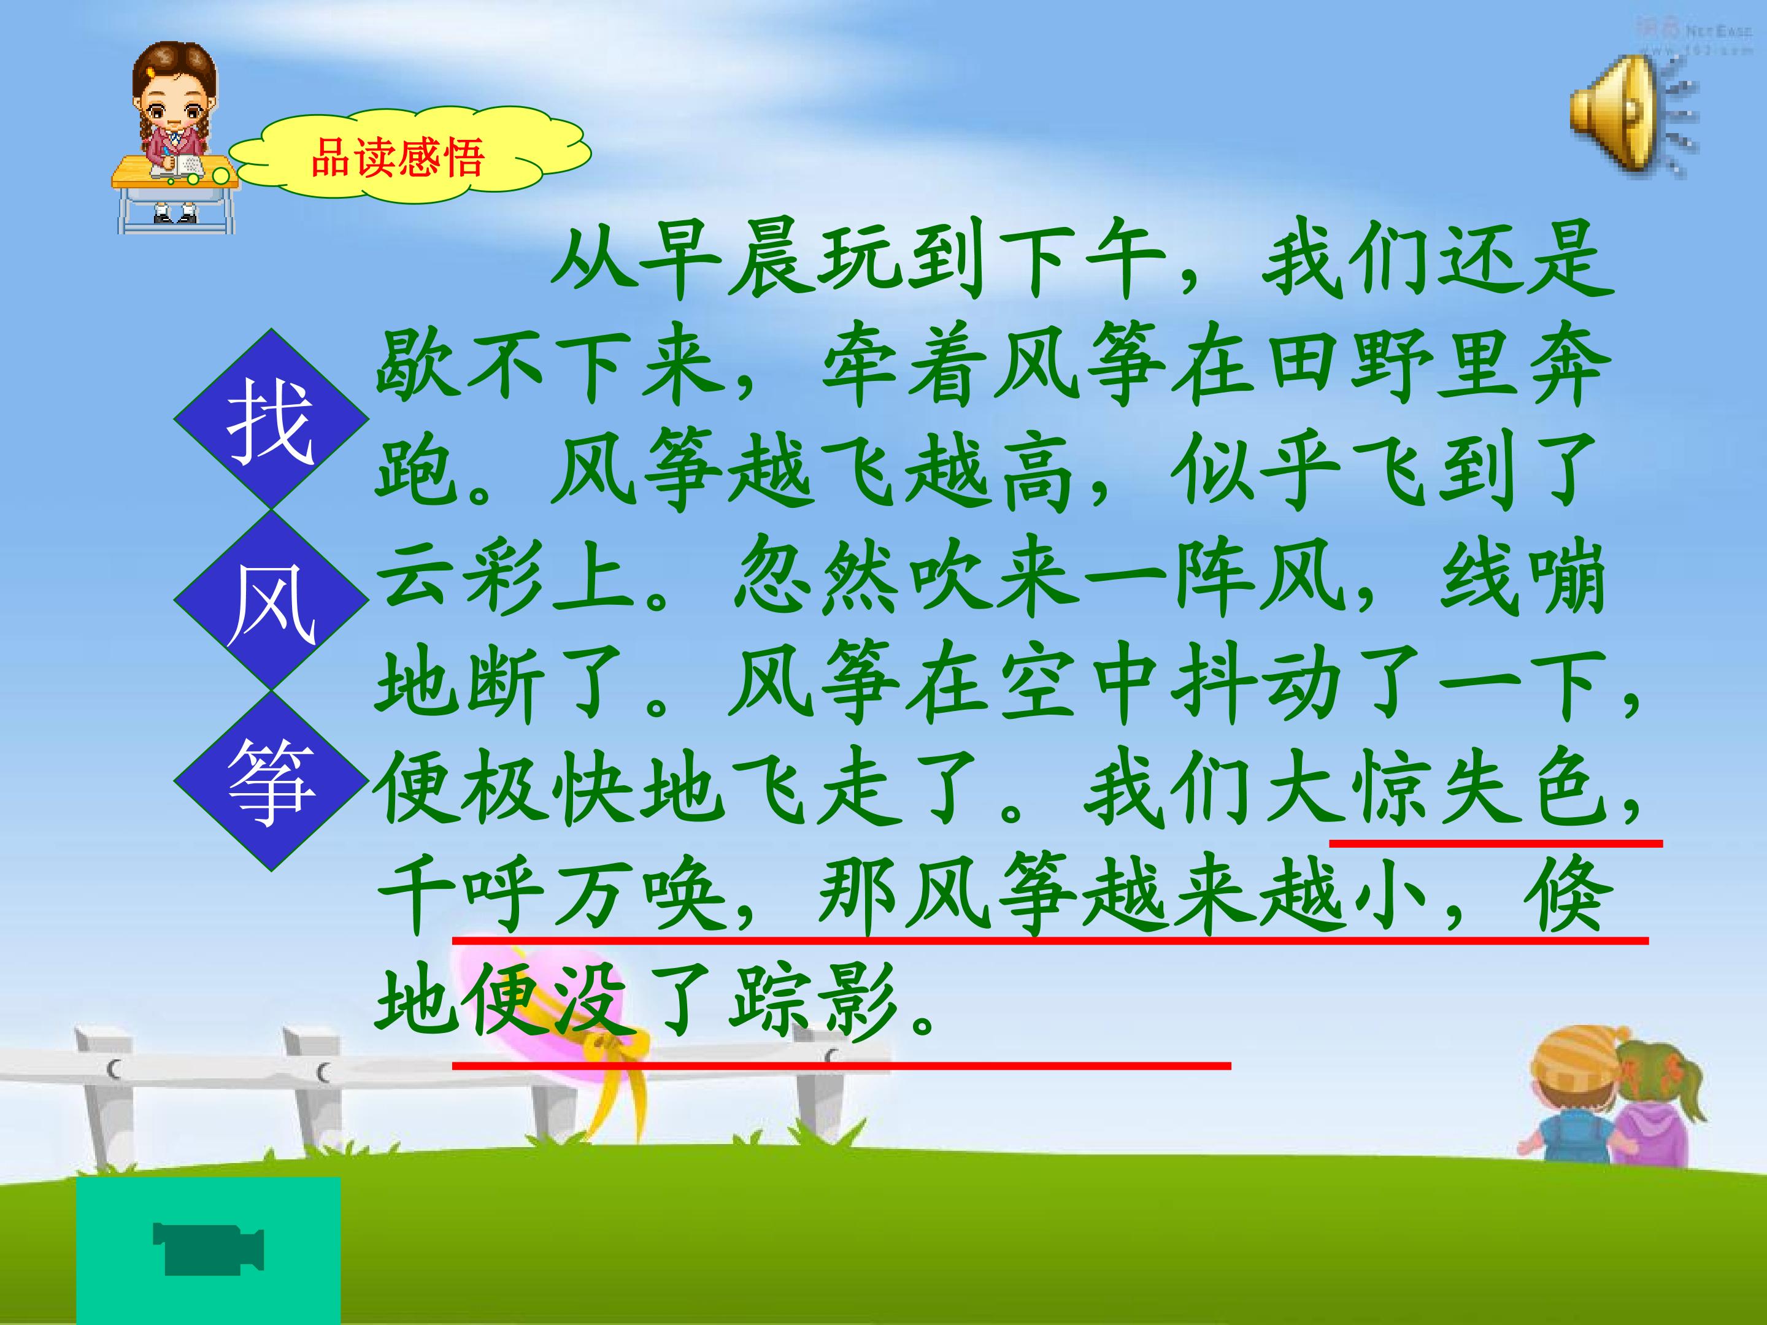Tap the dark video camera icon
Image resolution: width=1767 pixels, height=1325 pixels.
click(209, 1246)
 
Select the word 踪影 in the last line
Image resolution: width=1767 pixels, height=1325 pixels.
click(815, 1002)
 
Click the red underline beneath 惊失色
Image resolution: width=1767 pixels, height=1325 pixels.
click(1496, 843)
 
